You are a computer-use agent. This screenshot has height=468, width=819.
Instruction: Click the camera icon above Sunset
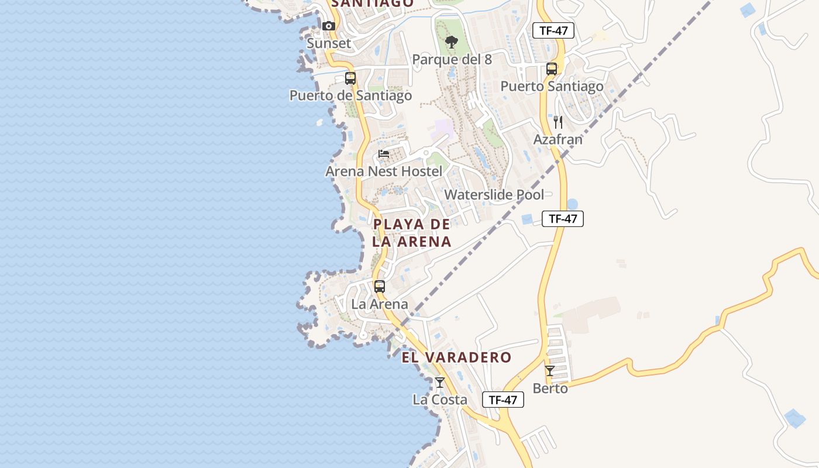coord(329,26)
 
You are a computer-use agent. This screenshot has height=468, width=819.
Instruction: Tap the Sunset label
coord(329,43)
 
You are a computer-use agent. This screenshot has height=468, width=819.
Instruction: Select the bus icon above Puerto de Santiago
coord(350,78)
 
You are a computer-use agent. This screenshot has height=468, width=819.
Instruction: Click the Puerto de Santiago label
coord(350,95)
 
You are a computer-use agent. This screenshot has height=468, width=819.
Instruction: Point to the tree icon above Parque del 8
coord(451,42)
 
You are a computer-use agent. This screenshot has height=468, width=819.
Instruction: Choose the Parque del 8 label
coord(452,60)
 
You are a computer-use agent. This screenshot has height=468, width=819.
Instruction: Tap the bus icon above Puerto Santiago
coord(552,69)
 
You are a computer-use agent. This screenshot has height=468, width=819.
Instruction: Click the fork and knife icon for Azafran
coord(558,122)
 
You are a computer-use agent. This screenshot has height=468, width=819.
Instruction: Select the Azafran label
coord(558,140)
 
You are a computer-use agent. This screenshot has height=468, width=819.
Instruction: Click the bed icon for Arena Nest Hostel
coord(384,154)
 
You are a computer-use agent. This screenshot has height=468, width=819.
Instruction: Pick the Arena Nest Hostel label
coord(384,171)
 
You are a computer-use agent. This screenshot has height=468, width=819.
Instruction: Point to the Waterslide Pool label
coord(494,195)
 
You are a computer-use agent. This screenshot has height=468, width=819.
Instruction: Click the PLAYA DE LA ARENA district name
coord(412,233)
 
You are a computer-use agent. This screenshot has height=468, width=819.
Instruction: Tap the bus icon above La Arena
coord(380,287)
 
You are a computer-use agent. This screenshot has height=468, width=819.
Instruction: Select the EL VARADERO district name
coord(456,357)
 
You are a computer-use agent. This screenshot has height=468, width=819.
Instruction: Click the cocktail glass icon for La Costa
coord(440,383)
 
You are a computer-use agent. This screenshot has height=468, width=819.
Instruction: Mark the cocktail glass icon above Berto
coord(550,371)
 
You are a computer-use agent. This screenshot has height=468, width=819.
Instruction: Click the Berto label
coord(550,388)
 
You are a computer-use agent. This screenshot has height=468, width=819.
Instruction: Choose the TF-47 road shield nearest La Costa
coord(503,400)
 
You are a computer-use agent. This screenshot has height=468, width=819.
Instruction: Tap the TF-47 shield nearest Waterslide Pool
coord(563,219)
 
